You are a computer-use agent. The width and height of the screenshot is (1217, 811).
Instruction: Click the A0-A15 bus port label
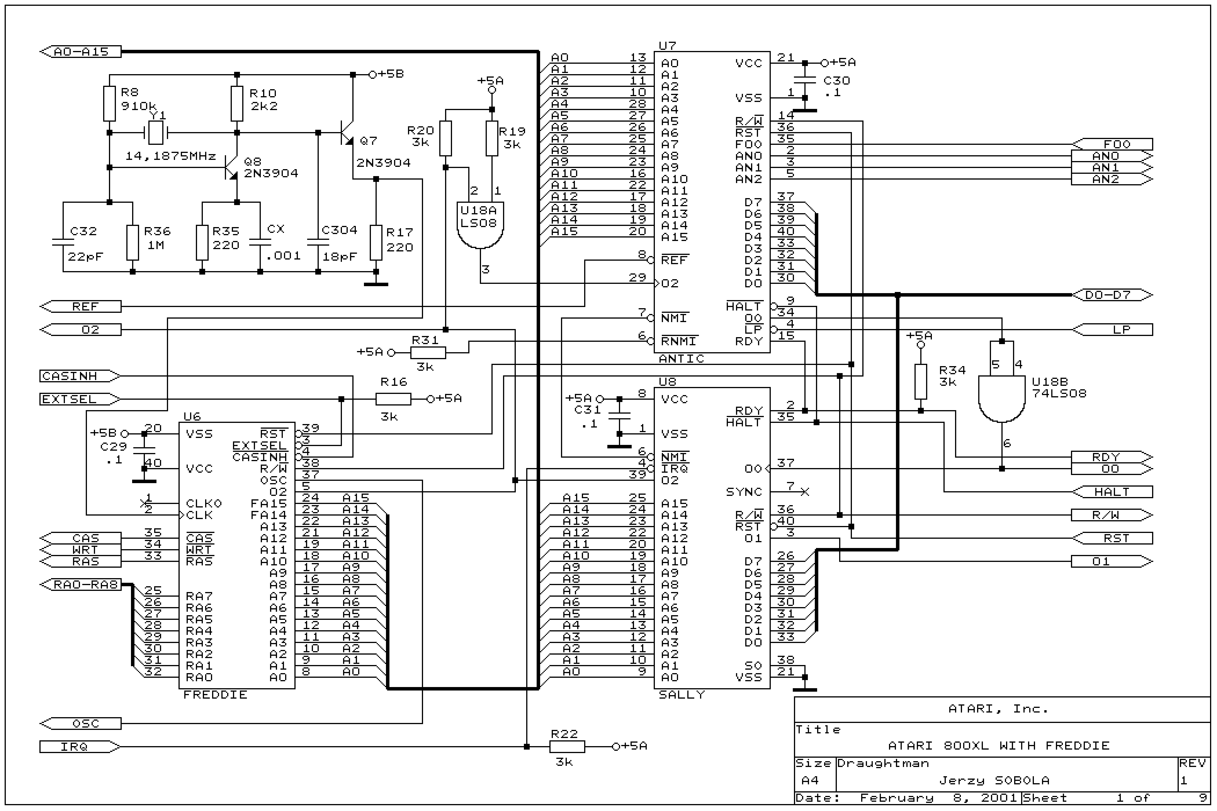(x=81, y=52)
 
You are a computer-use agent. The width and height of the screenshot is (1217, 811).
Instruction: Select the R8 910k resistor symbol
(x=109, y=103)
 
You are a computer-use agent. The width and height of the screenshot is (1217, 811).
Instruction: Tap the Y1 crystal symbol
(x=155, y=133)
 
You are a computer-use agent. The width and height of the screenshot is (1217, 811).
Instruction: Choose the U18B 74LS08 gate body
(x=1002, y=398)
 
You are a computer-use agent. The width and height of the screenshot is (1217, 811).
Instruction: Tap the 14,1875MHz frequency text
(x=170, y=156)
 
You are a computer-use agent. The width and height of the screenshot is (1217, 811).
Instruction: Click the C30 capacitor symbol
(x=805, y=80)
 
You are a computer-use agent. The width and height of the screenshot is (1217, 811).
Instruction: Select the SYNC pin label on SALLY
(x=744, y=492)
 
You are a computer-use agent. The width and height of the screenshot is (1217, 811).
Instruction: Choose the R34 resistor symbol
(x=921, y=382)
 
